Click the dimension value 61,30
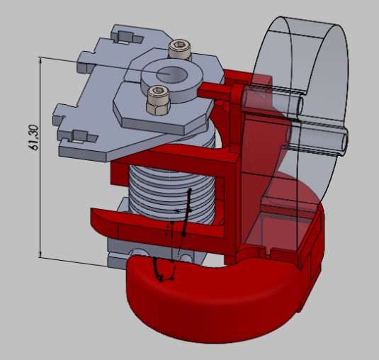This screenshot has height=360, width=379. click(x=34, y=137)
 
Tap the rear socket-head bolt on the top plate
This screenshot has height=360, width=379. click(x=180, y=49)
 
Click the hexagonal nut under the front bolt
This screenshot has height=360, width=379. click(x=158, y=108)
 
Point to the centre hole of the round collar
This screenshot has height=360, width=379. click(x=172, y=74)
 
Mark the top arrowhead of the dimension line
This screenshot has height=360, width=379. click(x=40, y=62)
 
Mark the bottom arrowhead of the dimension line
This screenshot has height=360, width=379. click(x=40, y=254)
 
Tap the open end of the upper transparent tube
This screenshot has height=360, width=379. click(x=300, y=106)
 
